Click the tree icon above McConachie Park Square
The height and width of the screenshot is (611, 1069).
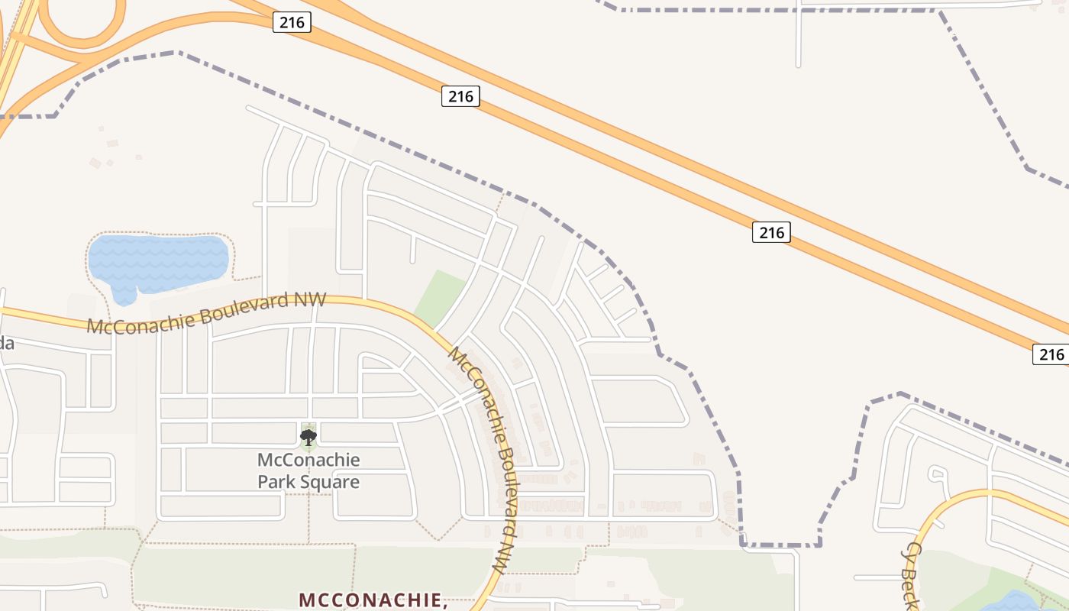click(308, 438)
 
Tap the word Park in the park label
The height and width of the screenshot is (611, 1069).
click(275, 482)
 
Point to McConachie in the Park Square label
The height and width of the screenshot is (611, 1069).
click(308, 460)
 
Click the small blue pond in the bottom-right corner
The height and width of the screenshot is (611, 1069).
click(1012, 601)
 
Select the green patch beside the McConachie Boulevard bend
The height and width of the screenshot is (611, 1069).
click(441, 299)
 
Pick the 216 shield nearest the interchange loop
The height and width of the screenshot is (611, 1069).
click(292, 23)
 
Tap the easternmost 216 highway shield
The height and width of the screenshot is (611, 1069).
click(1051, 354)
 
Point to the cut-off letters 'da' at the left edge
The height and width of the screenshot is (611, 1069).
click(6, 344)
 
